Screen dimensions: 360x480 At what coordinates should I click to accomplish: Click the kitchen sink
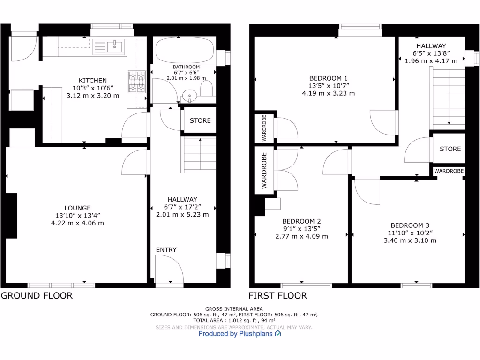point(109,47)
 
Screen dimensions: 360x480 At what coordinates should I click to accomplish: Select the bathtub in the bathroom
point(184,51)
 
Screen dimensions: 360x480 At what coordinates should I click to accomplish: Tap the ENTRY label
point(166,250)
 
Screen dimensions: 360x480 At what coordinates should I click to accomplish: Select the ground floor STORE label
point(200,120)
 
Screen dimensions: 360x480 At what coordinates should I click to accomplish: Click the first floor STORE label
point(450,149)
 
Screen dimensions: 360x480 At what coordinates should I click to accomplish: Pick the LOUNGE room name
point(78,208)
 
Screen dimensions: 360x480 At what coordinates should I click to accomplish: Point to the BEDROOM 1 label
point(329,78)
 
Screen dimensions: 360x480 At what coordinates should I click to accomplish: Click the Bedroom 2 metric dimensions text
point(302,236)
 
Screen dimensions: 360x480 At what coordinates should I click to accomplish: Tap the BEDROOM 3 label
point(410,225)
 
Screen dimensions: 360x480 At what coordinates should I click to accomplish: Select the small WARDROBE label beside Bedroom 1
point(264,128)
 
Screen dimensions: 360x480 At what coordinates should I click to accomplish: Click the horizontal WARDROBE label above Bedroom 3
point(449,172)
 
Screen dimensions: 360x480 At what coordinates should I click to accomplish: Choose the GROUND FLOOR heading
point(37,296)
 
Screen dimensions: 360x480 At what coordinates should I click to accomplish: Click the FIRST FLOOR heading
point(277,296)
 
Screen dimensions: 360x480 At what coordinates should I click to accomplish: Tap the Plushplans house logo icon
point(278,334)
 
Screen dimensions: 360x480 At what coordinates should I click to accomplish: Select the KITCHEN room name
point(93,81)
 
